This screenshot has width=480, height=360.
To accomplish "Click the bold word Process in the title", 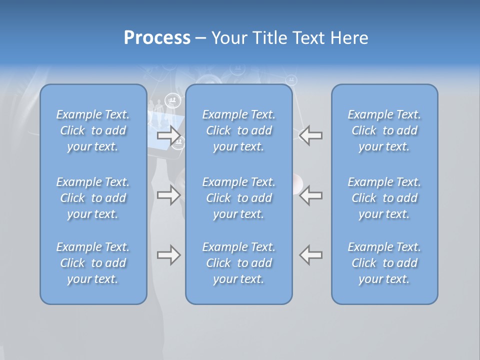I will (x=157, y=38).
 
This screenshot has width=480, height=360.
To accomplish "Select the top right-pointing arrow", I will (x=169, y=135).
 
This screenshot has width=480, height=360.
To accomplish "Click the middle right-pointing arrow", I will (x=169, y=195).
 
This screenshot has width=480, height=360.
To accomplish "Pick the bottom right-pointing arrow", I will (x=169, y=255).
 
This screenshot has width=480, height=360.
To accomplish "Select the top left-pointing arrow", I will (x=310, y=135).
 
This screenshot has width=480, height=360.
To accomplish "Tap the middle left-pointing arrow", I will (x=310, y=195).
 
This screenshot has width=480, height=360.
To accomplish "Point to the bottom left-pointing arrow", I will (x=310, y=255).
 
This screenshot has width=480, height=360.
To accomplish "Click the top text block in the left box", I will (x=93, y=130).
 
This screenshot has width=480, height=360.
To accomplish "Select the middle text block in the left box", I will (x=93, y=198).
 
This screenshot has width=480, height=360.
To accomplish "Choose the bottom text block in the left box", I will (x=93, y=263).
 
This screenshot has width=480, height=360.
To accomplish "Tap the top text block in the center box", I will (x=239, y=130).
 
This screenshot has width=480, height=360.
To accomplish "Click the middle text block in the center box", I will (x=239, y=198).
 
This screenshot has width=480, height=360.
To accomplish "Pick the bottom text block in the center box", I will (x=239, y=263).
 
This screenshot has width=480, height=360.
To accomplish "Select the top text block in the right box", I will (x=384, y=130).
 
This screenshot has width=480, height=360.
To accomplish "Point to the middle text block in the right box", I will (x=384, y=198).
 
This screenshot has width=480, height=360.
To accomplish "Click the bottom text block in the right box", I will (x=384, y=263).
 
